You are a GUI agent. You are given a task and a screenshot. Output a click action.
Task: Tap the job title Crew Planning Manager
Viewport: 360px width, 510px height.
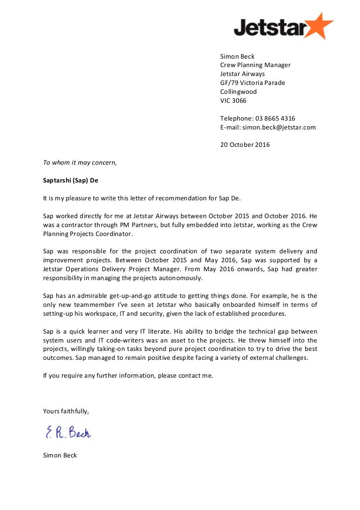point(255,65)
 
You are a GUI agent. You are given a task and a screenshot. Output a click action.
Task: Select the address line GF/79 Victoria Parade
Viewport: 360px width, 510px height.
point(253,83)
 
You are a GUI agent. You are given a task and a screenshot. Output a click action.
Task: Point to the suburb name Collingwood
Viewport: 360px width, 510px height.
point(239,92)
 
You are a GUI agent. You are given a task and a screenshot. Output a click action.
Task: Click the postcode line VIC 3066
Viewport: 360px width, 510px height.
point(233,101)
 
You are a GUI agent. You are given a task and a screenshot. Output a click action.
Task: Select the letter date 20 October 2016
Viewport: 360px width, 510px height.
point(245,145)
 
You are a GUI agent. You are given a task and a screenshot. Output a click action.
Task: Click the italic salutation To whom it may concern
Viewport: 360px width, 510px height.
point(80,163)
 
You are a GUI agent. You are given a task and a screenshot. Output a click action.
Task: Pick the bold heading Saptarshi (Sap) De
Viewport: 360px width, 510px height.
point(71,181)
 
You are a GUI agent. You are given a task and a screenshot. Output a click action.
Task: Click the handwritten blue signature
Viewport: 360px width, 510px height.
point(68,432)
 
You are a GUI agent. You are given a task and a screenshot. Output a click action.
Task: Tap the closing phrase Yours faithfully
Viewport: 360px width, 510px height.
point(66,411)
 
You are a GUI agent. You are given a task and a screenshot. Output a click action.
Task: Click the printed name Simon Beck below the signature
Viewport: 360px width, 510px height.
point(60,456)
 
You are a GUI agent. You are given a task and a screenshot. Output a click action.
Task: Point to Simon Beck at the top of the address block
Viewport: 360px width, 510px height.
point(237,57)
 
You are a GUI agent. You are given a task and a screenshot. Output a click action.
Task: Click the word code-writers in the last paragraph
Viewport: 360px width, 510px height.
point(136,341)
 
